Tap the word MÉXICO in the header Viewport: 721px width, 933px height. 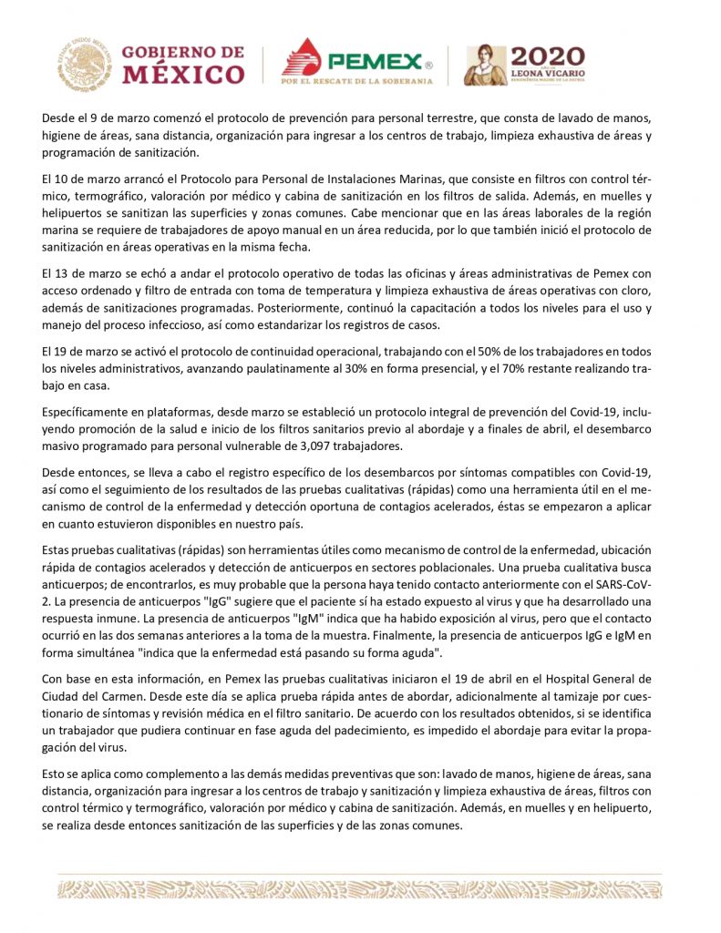183,74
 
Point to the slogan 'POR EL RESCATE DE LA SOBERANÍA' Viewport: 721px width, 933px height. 355,81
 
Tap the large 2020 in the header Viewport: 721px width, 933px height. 549,56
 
